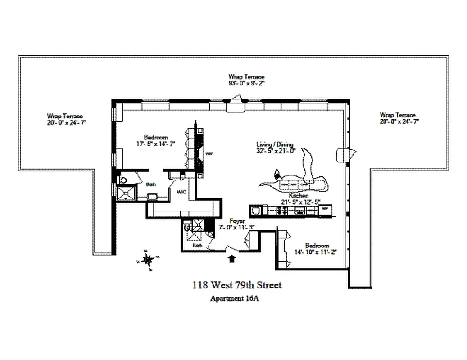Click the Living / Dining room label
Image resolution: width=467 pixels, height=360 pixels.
(275, 144)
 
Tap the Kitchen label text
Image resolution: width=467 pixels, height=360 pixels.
(299, 196)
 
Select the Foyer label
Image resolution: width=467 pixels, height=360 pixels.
(237, 221)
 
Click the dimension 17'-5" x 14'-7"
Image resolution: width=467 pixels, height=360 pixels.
(156, 143)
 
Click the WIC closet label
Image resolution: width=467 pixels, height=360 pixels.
(181, 191)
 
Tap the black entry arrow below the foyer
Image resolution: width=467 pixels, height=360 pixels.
(232, 258)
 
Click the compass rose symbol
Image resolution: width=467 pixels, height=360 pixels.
(147, 260)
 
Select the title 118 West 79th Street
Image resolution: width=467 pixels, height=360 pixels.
(237, 285)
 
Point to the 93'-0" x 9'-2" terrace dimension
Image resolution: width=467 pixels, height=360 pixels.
(246, 83)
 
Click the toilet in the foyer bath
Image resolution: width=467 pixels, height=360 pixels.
(188, 228)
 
